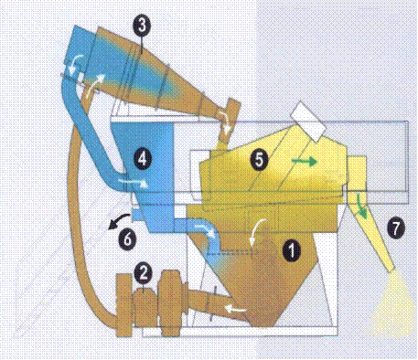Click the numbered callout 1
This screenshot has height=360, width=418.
pyautogui.click(x=292, y=249)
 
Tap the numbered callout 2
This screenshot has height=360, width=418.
pyautogui.click(x=144, y=272)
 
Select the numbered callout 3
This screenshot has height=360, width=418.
pyautogui.click(x=142, y=25)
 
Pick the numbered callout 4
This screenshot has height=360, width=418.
pyautogui.click(x=143, y=159)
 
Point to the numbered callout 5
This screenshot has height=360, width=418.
pyautogui.click(x=259, y=159)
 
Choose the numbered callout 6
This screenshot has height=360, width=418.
pyautogui.click(x=127, y=238)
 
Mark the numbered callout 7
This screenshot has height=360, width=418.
pyautogui.click(x=395, y=228)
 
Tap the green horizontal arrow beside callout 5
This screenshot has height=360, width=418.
pyautogui.click(x=305, y=161)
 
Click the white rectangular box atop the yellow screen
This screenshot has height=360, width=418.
pyautogui.click(x=308, y=122)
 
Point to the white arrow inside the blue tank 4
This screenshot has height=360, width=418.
pyautogui.click(x=134, y=183)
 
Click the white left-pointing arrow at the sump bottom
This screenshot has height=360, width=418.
pyautogui.click(x=235, y=310)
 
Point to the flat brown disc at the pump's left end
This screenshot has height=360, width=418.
pyautogui.click(x=123, y=305)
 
